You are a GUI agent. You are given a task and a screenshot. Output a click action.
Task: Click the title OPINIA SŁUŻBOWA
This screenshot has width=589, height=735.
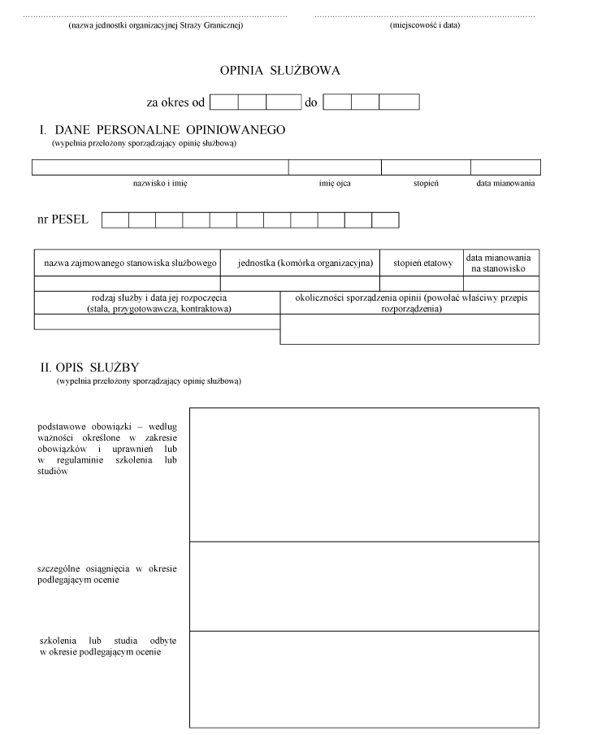(x=279, y=71)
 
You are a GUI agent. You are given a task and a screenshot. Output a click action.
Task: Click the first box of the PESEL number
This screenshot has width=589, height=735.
(x=115, y=220)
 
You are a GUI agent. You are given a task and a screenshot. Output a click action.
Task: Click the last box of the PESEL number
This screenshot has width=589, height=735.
(x=385, y=220)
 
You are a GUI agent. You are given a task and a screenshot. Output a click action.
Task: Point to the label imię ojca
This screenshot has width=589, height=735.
(x=335, y=184)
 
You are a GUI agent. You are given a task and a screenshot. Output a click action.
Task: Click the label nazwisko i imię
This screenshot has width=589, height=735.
(x=160, y=184)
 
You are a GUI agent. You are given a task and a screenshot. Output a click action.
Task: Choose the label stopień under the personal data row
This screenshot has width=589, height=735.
(x=426, y=184)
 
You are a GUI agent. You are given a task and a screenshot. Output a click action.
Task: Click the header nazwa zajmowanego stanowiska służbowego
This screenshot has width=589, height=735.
(x=127, y=263)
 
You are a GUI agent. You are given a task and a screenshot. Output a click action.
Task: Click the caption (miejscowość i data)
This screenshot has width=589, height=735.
(x=425, y=25)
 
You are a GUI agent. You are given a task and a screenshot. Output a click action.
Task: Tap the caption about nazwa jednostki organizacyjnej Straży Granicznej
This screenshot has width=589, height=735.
(x=156, y=25)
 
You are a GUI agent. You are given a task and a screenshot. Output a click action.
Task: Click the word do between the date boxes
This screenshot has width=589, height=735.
(x=310, y=102)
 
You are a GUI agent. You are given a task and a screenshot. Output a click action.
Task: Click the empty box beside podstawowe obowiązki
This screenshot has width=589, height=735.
(x=364, y=474)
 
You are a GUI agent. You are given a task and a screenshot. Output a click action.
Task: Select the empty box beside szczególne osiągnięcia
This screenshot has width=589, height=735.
(x=364, y=585)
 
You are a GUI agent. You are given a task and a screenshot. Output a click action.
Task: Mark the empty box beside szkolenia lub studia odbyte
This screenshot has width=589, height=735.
(x=364, y=679)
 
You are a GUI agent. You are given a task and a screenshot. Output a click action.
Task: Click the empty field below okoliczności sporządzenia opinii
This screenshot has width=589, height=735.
(x=409, y=329)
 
